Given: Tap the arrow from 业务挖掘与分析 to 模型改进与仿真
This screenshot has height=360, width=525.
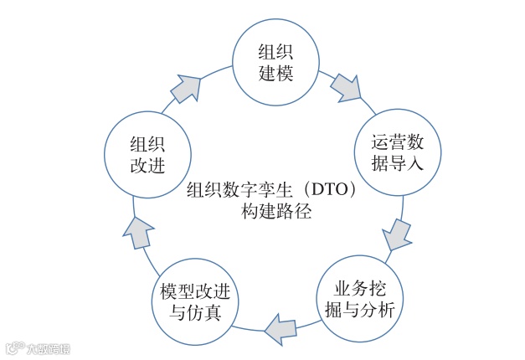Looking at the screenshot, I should [280, 328].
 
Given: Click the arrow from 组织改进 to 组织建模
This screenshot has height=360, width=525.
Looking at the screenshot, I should [189, 85].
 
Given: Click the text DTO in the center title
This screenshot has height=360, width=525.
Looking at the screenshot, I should [322, 188].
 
